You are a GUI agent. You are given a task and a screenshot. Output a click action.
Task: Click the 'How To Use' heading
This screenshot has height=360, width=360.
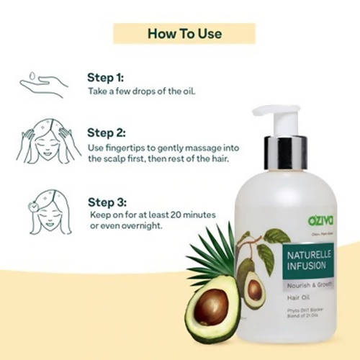[x=184, y=33]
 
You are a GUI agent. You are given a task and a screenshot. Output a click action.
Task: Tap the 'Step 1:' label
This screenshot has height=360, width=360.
[x=106, y=78]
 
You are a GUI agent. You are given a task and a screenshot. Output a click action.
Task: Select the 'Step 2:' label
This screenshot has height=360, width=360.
[x=106, y=132]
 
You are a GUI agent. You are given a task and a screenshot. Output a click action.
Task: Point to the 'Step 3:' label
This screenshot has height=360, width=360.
[x=106, y=202]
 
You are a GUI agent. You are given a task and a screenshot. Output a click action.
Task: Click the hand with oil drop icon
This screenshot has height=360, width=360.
[x=43, y=85]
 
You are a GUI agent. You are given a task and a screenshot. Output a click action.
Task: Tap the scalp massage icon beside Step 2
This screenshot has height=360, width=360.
[x=45, y=144]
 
